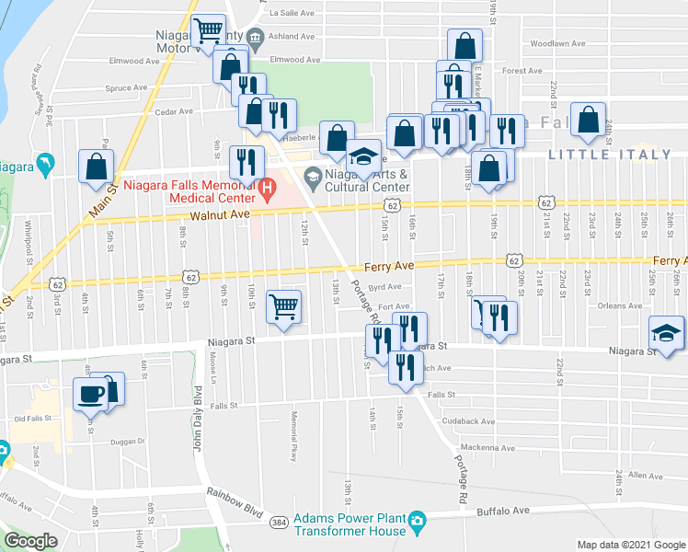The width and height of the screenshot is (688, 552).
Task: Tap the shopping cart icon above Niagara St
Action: click(x=284, y=306)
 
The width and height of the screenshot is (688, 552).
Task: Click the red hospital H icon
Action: click(x=268, y=191)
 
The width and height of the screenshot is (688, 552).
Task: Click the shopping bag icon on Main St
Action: click(x=97, y=167)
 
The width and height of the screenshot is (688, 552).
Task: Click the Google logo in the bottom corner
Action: click(x=31, y=541)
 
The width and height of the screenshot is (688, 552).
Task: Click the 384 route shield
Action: click(x=278, y=522)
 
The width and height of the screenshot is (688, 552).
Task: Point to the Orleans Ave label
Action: click(x=619, y=306)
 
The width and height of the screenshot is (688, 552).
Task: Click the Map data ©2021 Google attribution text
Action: click(x=630, y=545)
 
